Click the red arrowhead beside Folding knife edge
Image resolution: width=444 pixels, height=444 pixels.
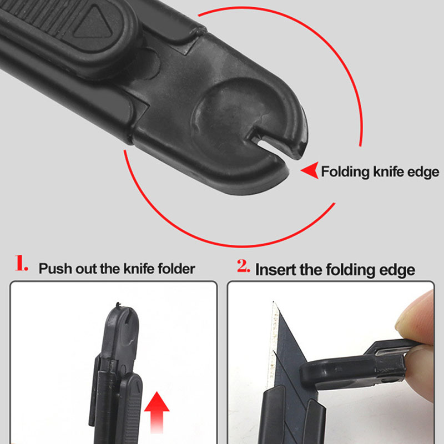(310, 170)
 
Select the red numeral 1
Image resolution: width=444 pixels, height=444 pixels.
(21, 263)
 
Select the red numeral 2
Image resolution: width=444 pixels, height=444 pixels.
(244, 266)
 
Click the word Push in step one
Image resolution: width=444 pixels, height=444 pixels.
(55, 269)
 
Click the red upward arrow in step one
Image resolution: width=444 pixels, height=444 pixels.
(157, 412)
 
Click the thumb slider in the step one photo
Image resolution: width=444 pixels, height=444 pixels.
(130, 408)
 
